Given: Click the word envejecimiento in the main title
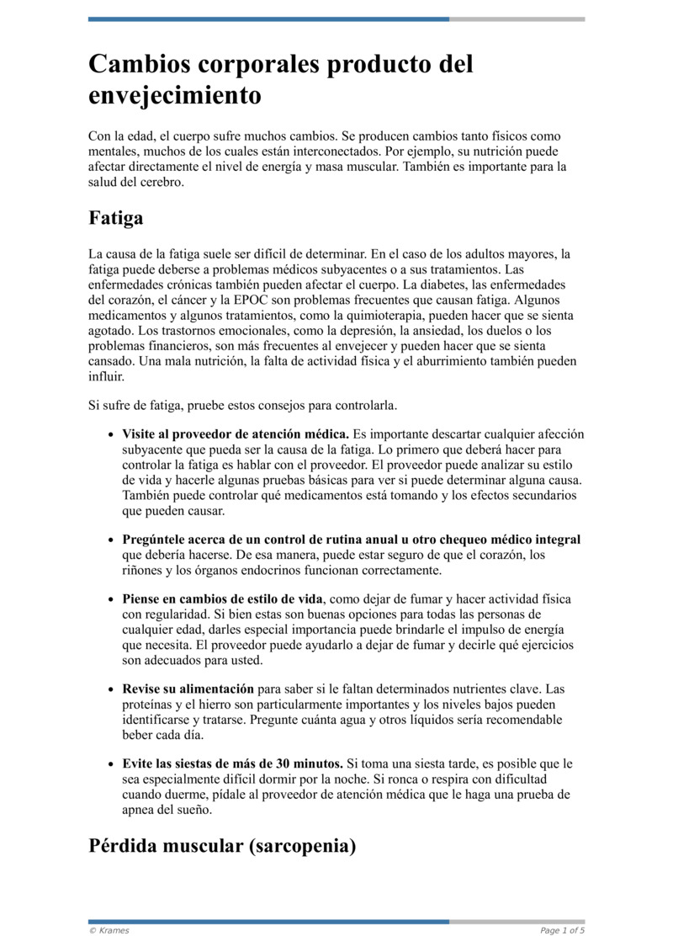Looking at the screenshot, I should point(174,95).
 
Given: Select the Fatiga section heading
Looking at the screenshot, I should point(115,218).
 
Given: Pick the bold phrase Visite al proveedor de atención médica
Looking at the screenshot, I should point(236,434).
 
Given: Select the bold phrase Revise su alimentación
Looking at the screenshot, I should point(188,689).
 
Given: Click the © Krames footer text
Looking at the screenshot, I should point(109,931).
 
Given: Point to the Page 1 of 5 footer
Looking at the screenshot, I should point(562,931).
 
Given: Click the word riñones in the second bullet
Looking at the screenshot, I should point(141,571).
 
